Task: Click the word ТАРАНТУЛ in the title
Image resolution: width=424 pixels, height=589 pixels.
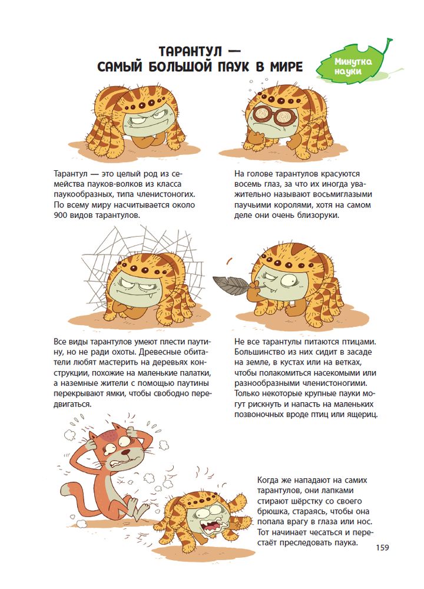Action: tap(190, 51)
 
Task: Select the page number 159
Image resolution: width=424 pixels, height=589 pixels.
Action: tap(382, 547)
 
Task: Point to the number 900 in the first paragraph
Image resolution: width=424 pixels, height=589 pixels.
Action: tap(60, 216)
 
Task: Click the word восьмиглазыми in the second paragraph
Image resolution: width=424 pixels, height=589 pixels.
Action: tap(345, 194)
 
